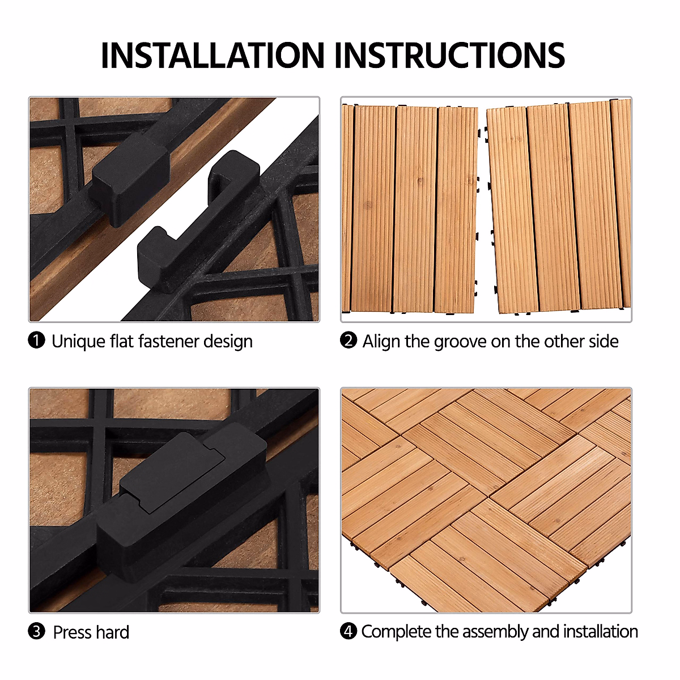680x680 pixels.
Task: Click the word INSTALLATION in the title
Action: coord(212,56)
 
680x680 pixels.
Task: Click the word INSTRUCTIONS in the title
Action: coord(450,56)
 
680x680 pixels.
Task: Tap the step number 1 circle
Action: coord(36,341)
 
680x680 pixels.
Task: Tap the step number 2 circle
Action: coord(348,341)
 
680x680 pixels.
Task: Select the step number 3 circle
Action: coord(36,631)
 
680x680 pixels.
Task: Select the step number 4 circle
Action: coord(348,631)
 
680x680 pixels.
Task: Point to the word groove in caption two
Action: coord(460,342)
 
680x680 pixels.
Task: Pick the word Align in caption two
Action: coord(381,342)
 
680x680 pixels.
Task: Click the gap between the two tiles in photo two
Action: coord(483,210)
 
